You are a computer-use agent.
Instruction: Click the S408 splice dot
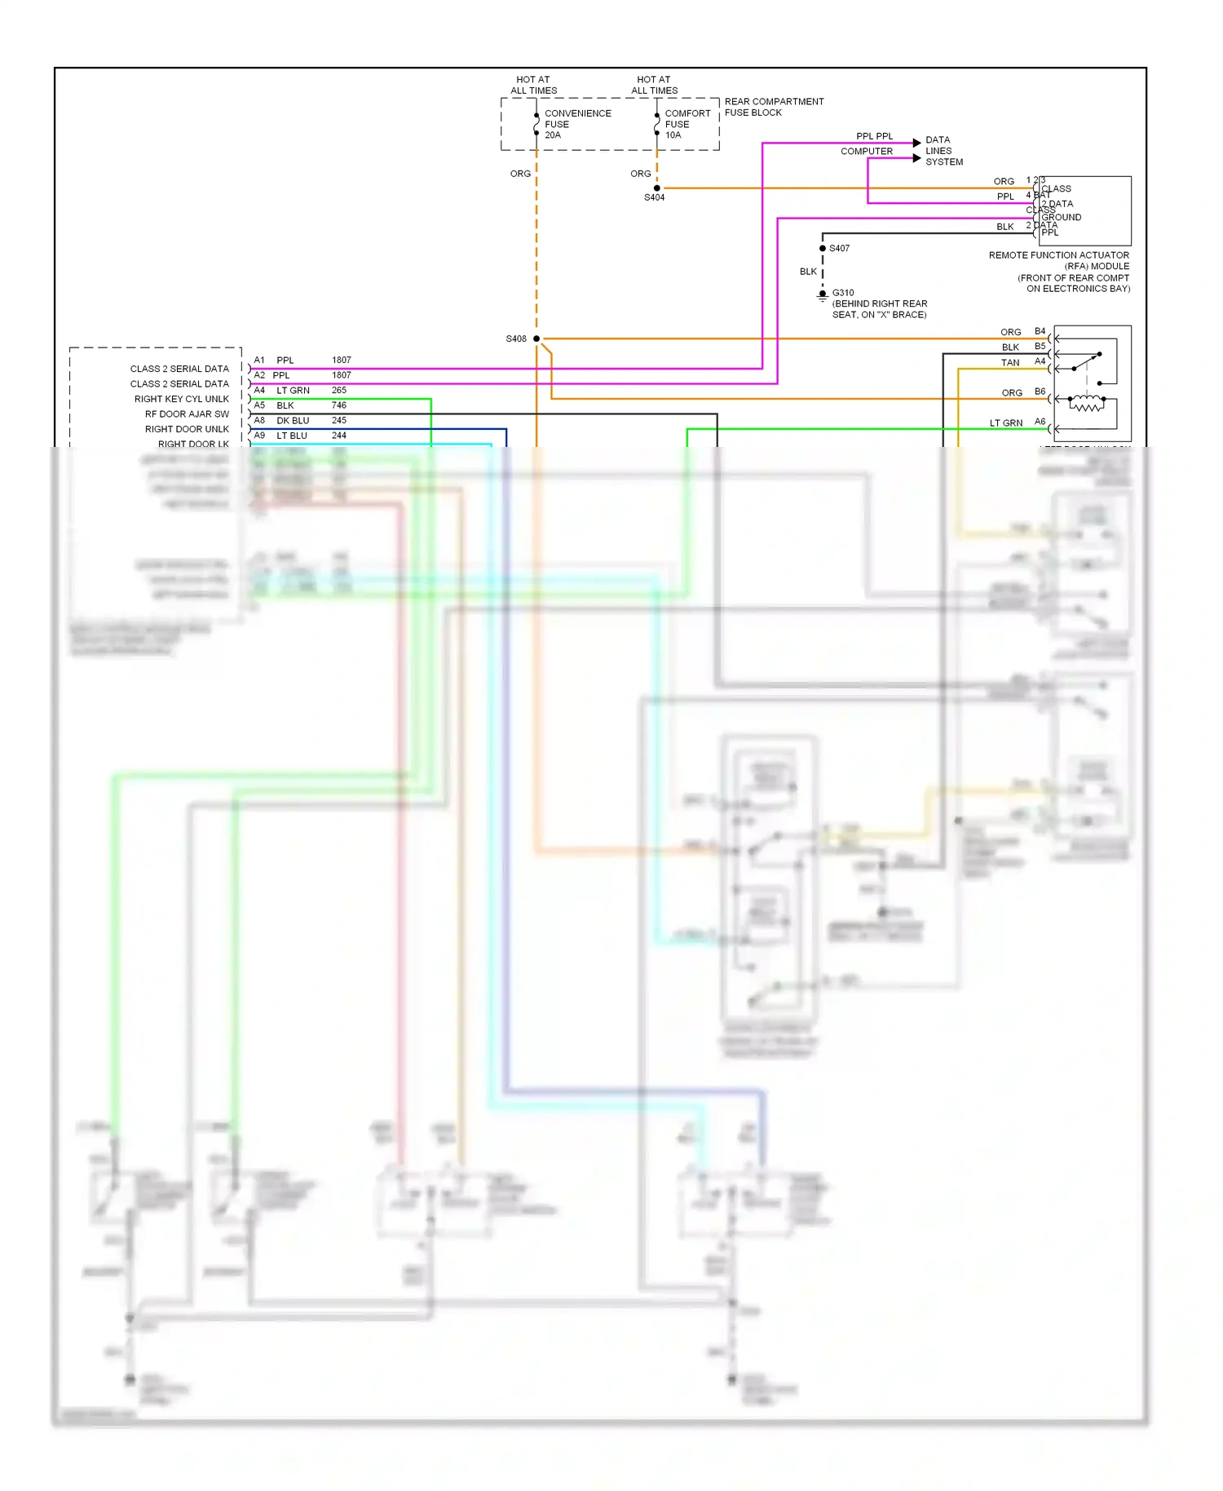tap(536, 338)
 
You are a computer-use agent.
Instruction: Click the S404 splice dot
tap(657, 188)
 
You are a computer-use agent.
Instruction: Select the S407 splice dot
tap(823, 248)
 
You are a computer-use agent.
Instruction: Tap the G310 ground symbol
tap(823, 295)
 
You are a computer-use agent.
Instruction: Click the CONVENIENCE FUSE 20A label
tap(576, 124)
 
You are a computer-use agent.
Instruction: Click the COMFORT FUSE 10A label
tap(687, 124)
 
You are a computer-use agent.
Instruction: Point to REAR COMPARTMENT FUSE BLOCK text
tap(773, 107)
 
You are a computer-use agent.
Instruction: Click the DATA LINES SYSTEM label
tap(943, 151)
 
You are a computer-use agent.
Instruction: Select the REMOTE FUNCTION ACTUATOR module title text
tap(1058, 255)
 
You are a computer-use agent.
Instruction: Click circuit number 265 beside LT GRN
tap(339, 390)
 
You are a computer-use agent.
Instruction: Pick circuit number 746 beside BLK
tap(339, 405)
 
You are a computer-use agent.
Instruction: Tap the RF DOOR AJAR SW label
tap(187, 414)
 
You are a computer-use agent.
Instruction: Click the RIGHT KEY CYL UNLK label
tap(181, 399)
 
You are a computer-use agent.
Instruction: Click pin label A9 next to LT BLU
tap(259, 436)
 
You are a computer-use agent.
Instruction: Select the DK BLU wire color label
tap(293, 420)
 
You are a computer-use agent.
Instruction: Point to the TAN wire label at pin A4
tap(1010, 363)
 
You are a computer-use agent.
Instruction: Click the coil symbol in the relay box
tap(1087, 404)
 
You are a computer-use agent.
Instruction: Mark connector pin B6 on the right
tap(1040, 392)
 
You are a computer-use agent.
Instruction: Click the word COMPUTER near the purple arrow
tap(866, 151)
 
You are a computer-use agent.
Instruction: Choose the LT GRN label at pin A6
tap(1005, 423)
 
